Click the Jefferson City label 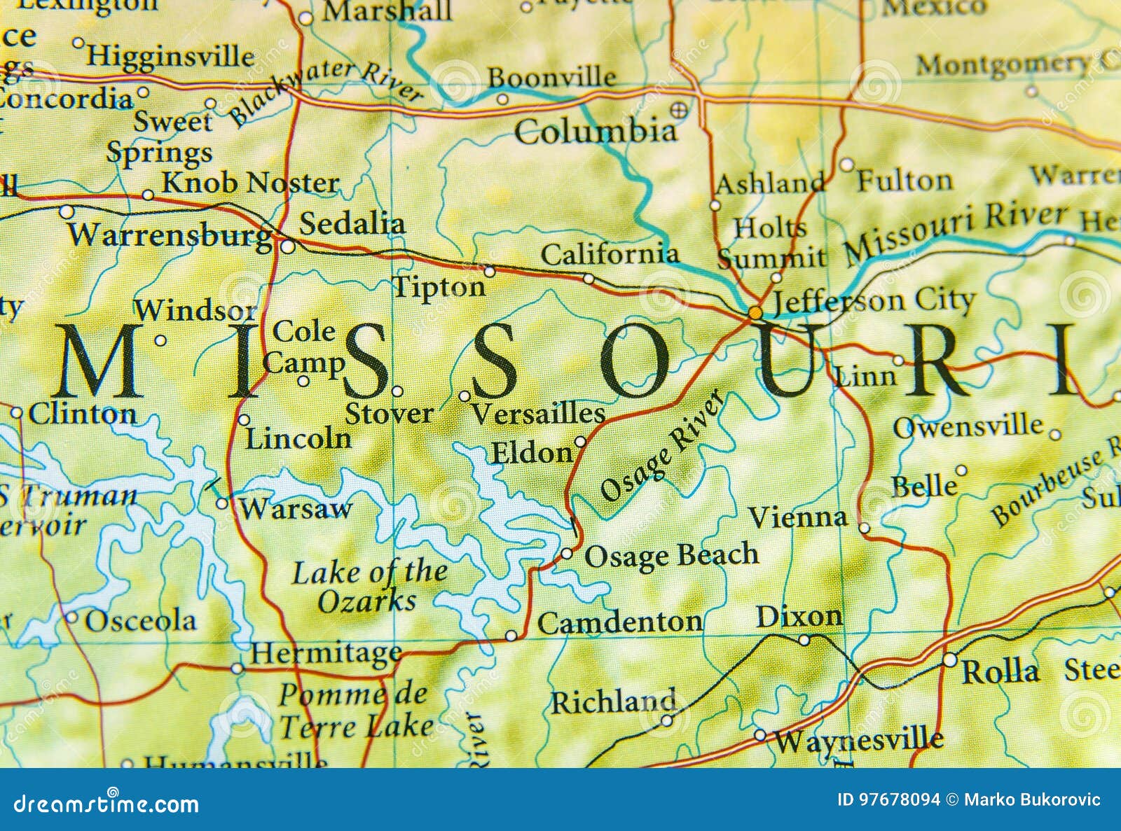872,302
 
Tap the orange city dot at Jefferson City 755,312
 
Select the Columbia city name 596,132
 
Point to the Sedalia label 352,224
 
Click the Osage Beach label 671,555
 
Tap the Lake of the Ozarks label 369,587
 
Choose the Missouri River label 956,232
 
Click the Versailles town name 538,414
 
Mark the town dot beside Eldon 580,442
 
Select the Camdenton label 620,622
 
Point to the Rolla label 1000,672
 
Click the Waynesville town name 859,740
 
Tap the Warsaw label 295,509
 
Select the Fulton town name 905,181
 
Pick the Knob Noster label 250,183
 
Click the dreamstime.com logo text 106,804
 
